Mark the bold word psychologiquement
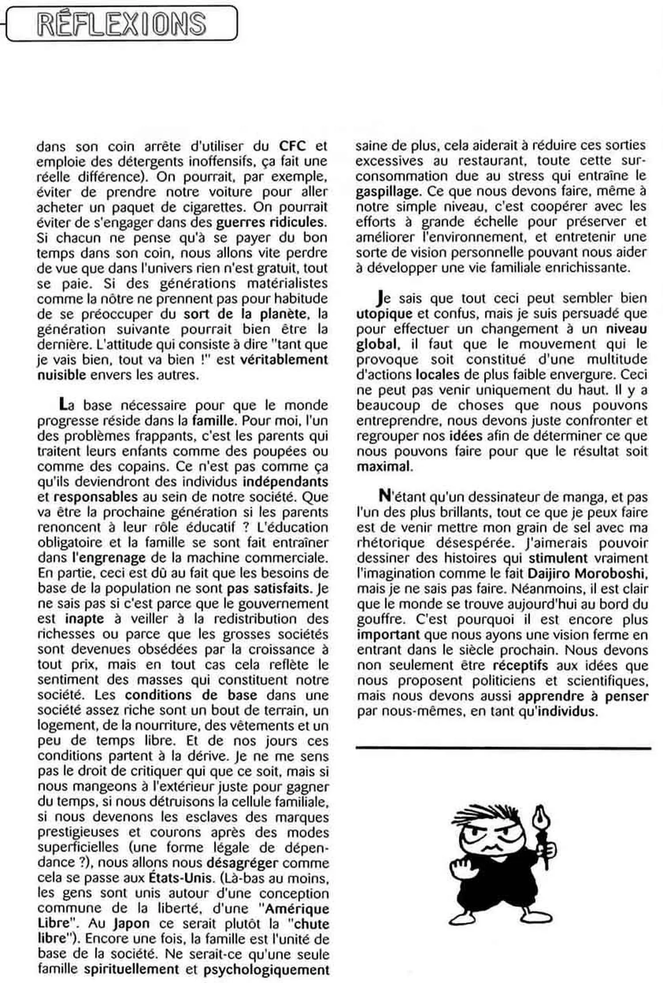tap(267, 970)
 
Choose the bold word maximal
tap(383, 467)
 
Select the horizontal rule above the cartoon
tap(503, 748)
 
